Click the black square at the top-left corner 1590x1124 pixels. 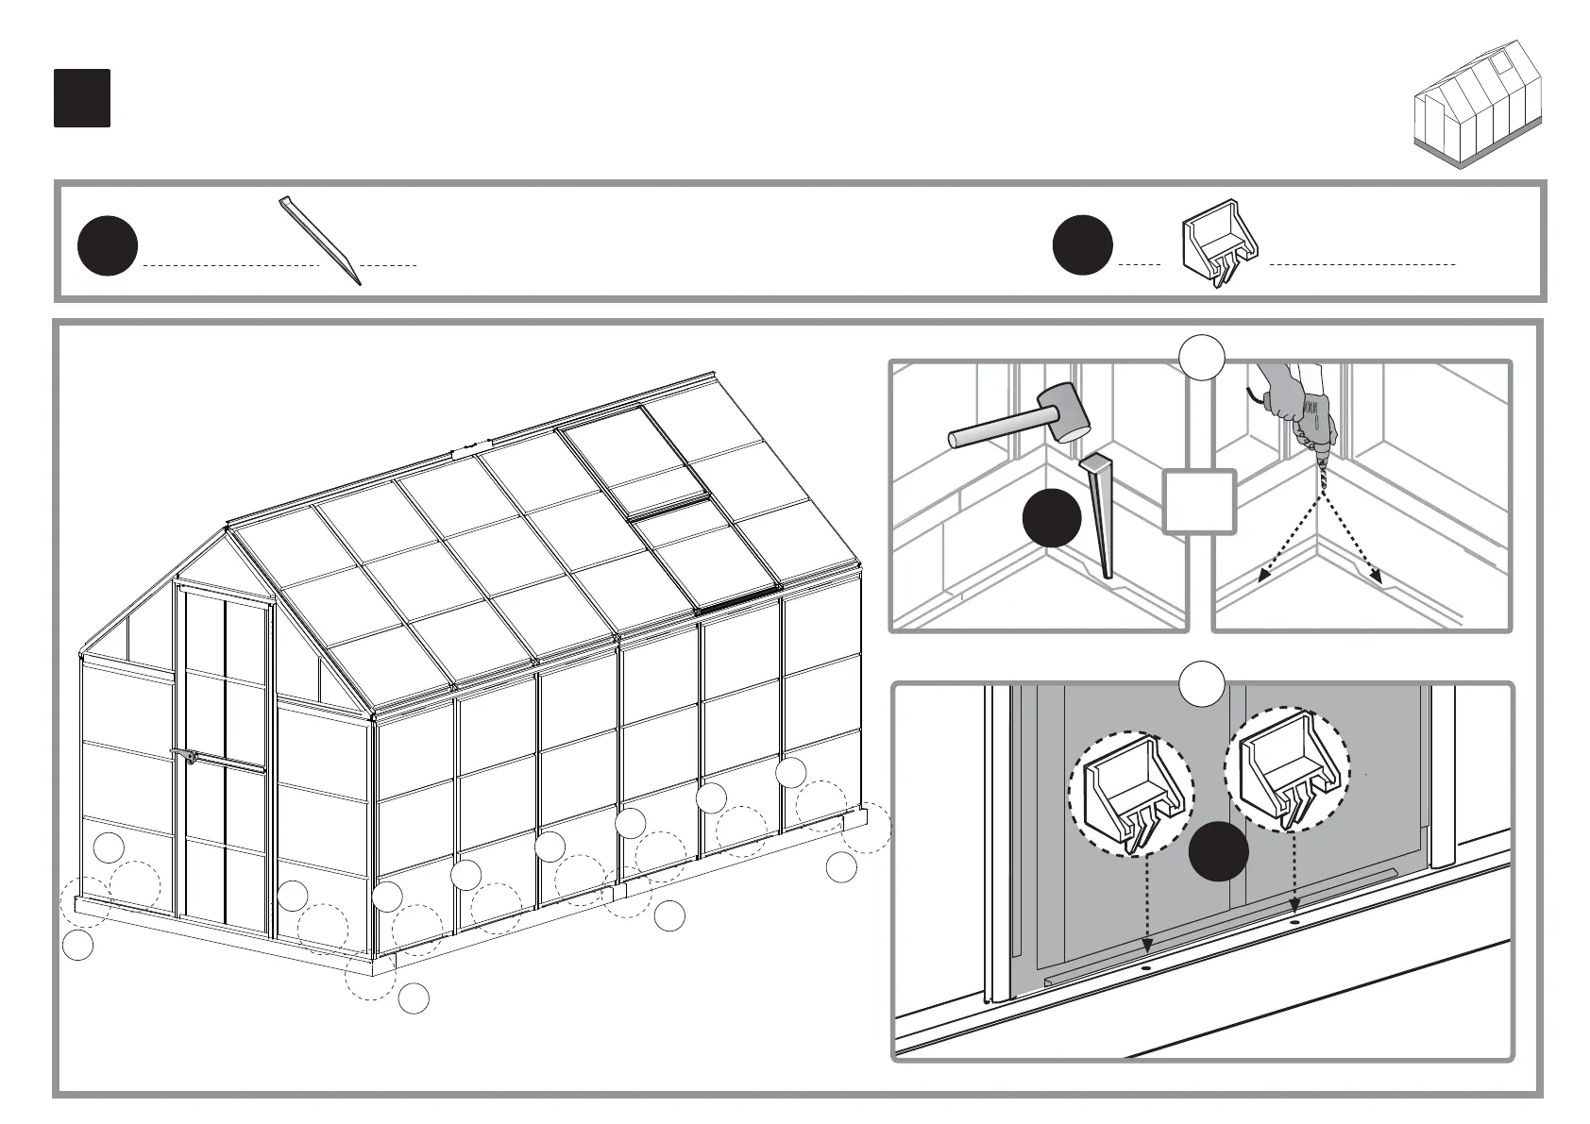coord(82,98)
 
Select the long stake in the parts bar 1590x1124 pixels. coord(320,240)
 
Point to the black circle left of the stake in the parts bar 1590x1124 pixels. coord(108,245)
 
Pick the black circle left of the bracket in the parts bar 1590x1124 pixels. coord(1082,245)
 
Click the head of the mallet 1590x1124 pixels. coord(1063,411)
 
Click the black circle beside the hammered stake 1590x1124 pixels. coord(1052,518)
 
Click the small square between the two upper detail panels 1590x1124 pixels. coord(1199,501)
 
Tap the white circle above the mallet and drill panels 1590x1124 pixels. coord(1202,358)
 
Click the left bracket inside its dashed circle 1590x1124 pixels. coord(1130,795)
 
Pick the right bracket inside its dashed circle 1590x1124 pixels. coord(1287,775)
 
